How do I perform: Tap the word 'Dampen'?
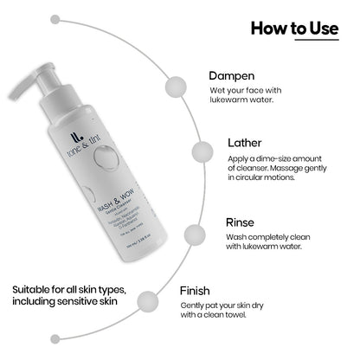click(234, 75)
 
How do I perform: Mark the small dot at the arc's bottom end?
click(55, 338)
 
